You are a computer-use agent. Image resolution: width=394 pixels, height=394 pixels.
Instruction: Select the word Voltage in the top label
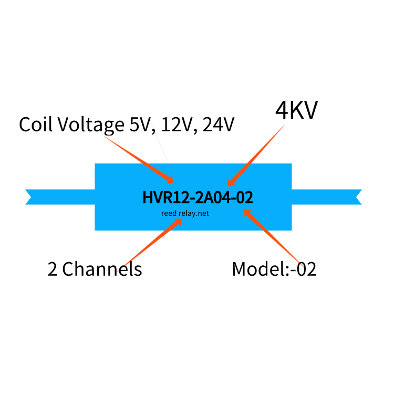90,125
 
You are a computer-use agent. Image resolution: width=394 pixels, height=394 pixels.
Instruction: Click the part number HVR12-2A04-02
198,198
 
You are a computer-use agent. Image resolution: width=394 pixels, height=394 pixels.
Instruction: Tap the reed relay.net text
185,213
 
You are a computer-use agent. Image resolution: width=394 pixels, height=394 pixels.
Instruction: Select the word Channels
102,269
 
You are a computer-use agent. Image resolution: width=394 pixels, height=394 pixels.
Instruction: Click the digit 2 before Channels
53,269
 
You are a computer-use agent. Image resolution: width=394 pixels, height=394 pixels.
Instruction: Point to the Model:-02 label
274,269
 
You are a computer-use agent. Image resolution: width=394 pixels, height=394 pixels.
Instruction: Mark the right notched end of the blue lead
357,196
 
